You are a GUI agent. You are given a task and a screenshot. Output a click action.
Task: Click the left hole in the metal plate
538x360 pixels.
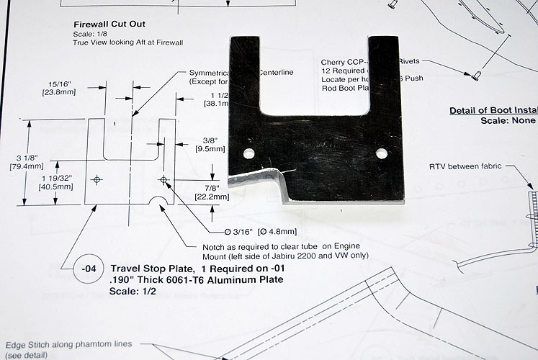coord(248,153)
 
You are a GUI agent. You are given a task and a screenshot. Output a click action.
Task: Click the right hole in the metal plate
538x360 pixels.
coord(381,153)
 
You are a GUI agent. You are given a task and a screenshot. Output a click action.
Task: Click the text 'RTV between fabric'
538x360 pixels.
coord(465,166)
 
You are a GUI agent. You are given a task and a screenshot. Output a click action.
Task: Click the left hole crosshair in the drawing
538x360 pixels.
coord(98,179)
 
